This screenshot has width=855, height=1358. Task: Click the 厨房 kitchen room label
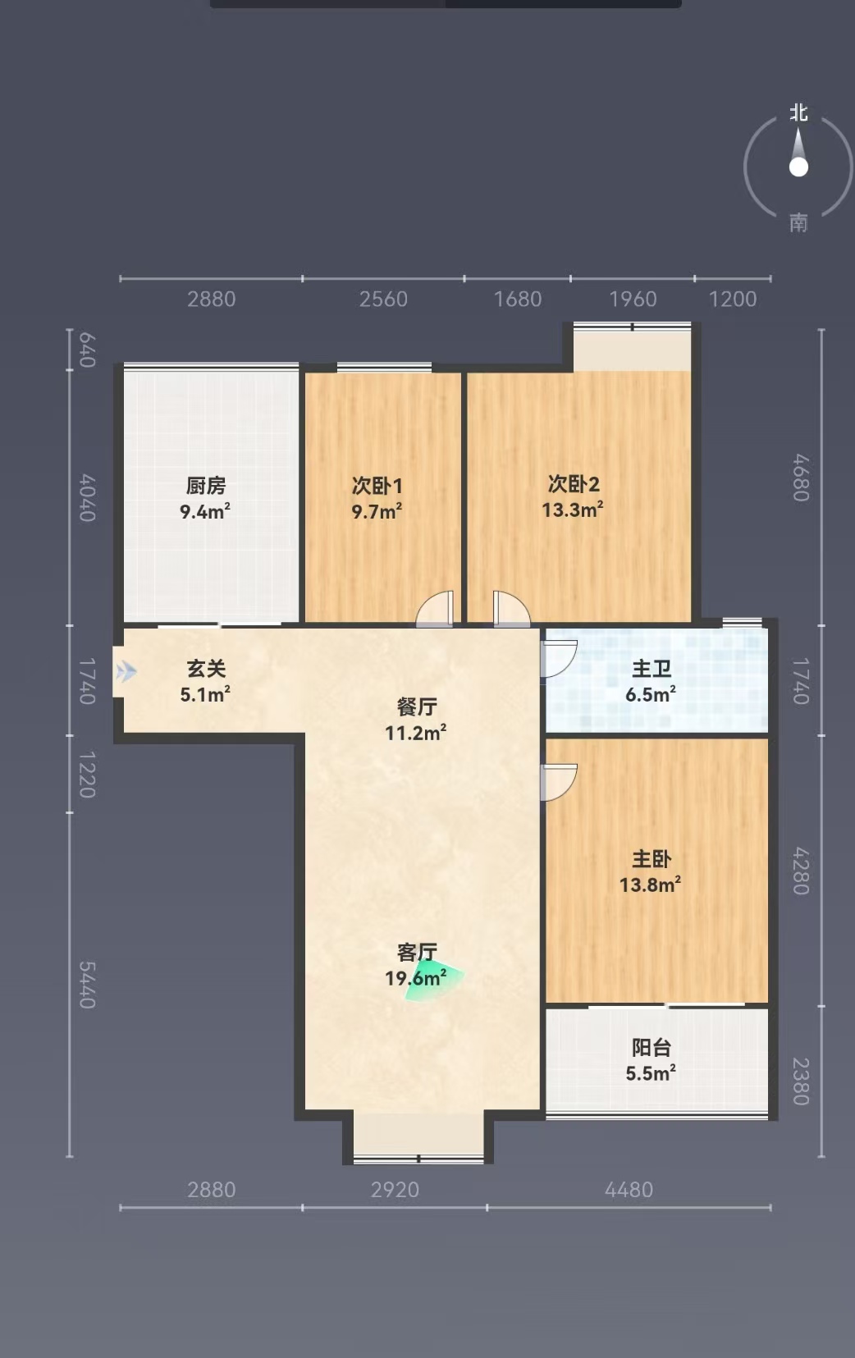206,487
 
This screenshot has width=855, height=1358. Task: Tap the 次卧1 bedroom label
377,487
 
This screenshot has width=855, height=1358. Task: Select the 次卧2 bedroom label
574,484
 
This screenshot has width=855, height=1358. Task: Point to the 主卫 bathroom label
652,670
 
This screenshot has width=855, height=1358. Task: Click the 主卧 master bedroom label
652,859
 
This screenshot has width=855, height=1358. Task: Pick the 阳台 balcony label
652,1048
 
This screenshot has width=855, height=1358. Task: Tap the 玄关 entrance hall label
206,669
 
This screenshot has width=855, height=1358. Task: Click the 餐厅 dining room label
417,706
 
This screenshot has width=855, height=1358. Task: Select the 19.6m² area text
416,978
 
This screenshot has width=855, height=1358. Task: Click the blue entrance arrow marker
126,672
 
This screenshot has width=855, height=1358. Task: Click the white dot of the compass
798,167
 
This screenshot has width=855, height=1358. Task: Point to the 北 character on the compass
798,112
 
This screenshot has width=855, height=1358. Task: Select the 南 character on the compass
798,223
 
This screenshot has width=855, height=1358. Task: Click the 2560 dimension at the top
383,299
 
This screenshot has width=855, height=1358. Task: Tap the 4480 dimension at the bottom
629,1190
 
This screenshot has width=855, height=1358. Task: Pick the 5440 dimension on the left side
87,985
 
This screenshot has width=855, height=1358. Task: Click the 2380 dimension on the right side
801,1081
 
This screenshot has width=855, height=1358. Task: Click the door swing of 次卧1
435,609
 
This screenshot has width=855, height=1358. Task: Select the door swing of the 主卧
559,783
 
